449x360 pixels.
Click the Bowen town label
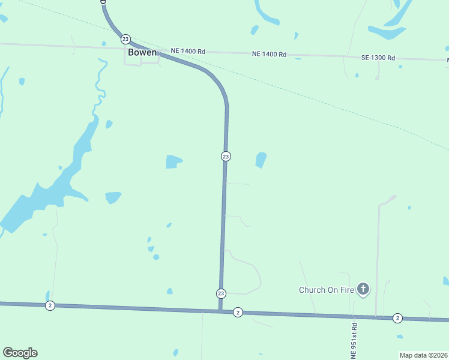click(142, 52)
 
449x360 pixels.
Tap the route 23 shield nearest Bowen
click(125, 39)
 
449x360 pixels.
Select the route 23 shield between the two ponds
click(225, 156)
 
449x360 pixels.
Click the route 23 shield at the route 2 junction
click(221, 293)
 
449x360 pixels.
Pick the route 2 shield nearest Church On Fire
click(397, 318)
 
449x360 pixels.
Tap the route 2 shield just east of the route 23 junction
click(238, 313)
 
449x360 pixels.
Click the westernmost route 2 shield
click(50, 305)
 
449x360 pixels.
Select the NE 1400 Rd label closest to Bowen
click(188, 52)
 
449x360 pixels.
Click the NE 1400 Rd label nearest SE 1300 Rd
click(269, 54)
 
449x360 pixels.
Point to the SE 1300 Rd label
click(378, 58)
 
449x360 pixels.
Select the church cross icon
click(363, 290)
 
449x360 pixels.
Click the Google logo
click(20, 353)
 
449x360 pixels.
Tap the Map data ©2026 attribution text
click(423, 355)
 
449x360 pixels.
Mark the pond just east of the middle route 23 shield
click(261, 160)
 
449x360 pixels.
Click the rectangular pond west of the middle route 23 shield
click(173, 161)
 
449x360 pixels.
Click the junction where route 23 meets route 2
click(221, 310)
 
